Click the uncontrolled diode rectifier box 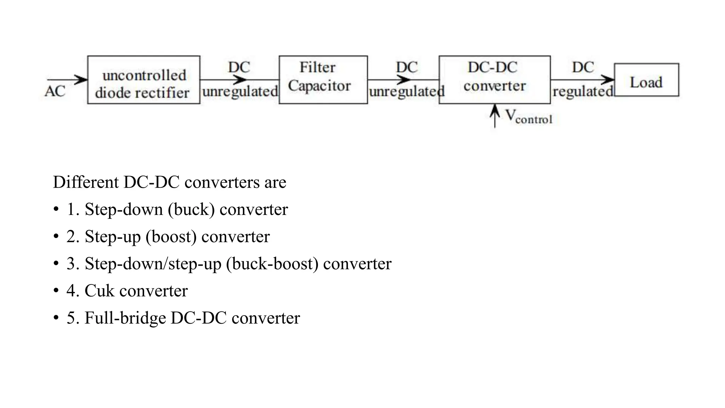[x=143, y=80]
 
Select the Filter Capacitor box [x=323, y=80]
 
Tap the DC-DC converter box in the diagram [x=495, y=80]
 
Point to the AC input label [x=55, y=91]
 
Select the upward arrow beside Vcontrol [x=495, y=115]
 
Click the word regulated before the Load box [x=583, y=92]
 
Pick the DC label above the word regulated [x=583, y=67]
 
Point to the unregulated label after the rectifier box [x=240, y=92]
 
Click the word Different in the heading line [x=86, y=182]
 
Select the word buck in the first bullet [x=191, y=210]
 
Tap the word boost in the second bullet [x=171, y=237]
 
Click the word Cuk [x=99, y=291]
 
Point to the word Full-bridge [x=125, y=318]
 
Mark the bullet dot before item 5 [x=56, y=318]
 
